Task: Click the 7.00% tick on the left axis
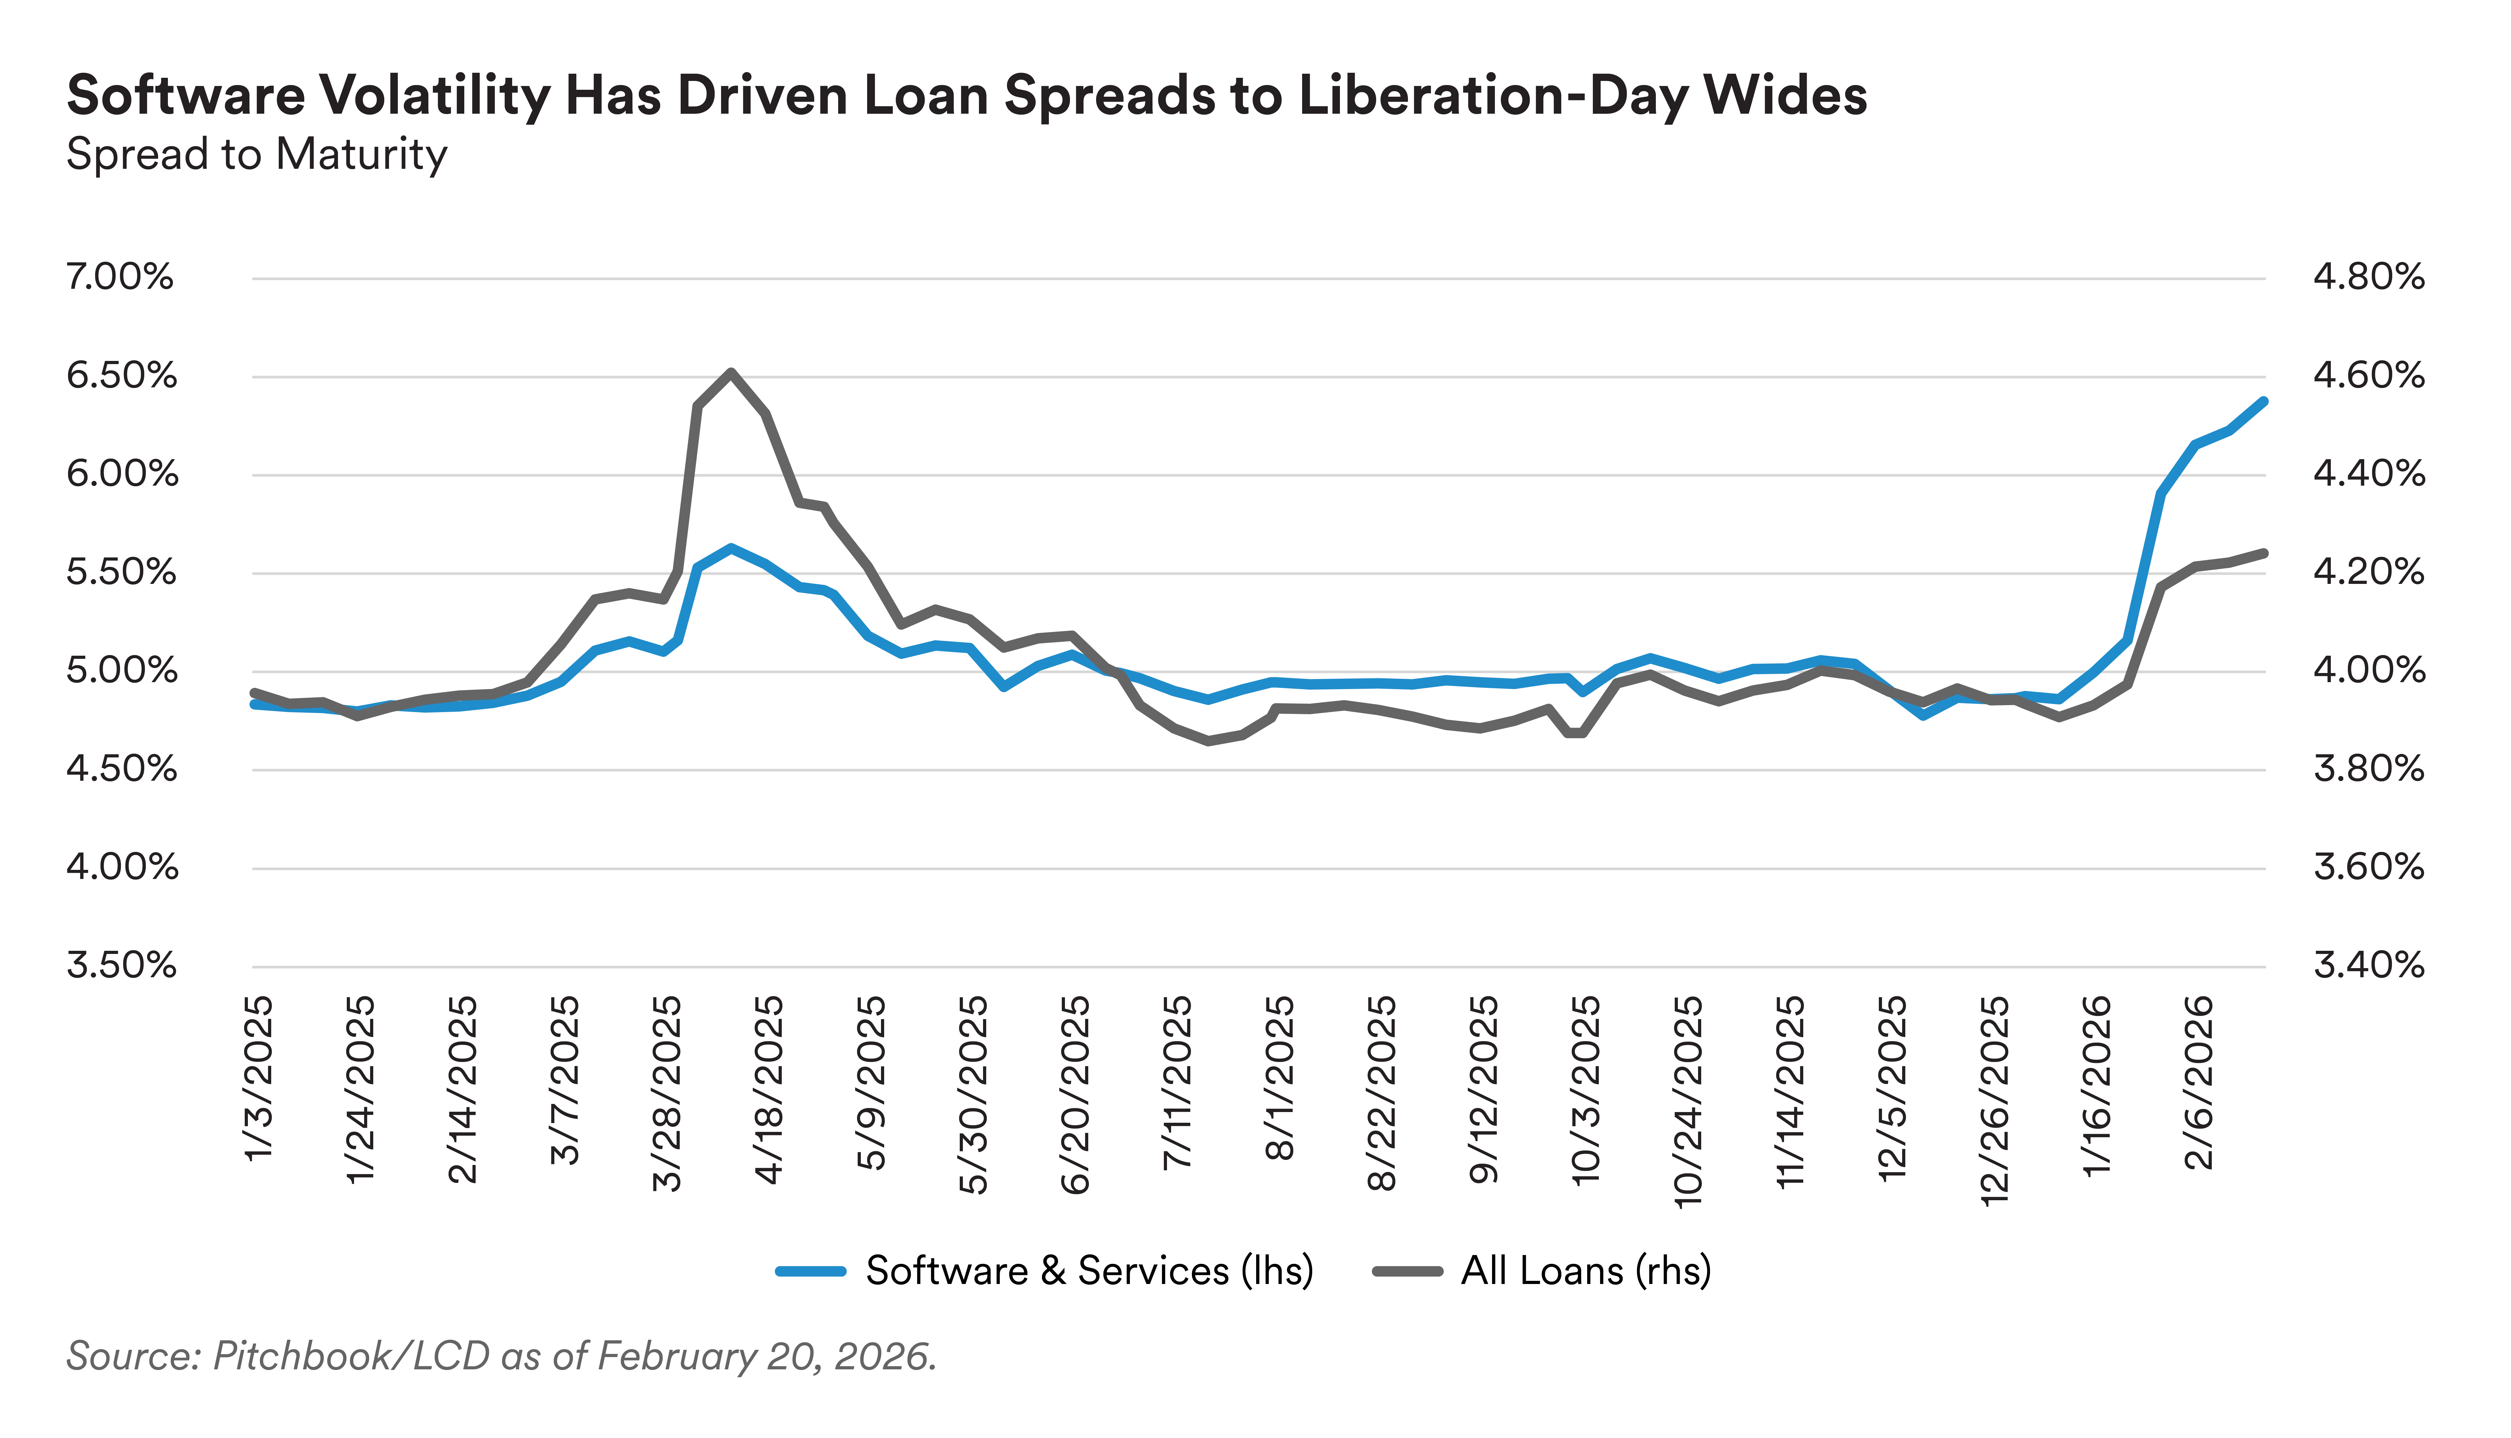tap(118, 277)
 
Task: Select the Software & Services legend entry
tap(1045, 1270)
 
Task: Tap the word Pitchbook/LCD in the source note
tap(351, 1356)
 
